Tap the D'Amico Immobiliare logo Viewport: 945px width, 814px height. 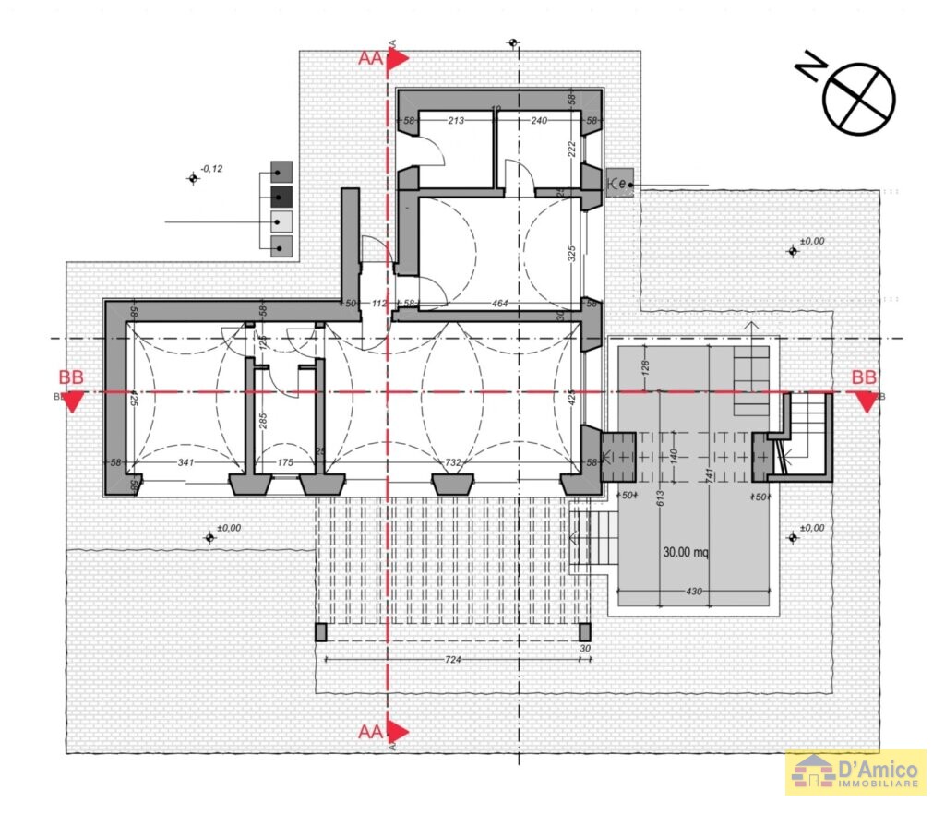855,772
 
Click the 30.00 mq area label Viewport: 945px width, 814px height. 686,553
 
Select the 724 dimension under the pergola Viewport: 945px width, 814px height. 452,659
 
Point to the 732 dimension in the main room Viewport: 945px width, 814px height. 452,461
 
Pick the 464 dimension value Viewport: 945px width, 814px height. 499,303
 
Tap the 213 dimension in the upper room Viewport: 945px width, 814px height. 455,120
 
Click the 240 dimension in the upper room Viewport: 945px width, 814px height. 539,120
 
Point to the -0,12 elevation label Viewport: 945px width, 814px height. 211,168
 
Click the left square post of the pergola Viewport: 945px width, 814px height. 320,632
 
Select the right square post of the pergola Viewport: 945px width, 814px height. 583,632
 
